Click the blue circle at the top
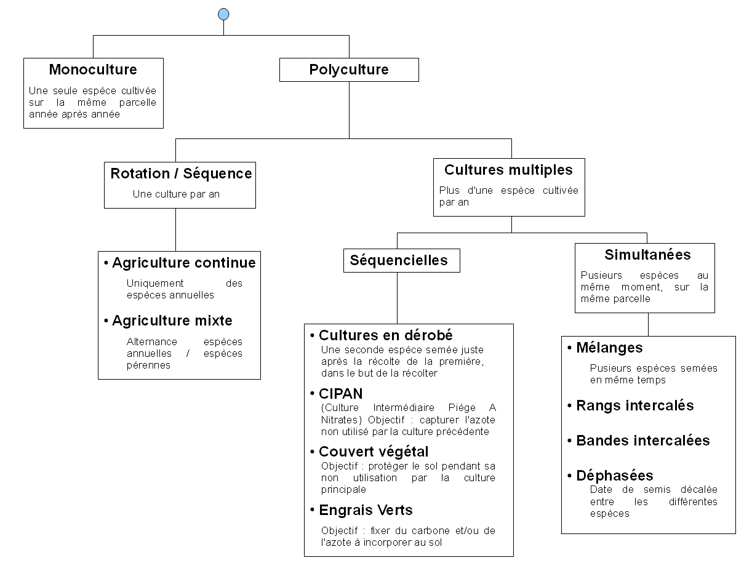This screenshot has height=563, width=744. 223,14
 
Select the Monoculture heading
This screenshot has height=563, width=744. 93,70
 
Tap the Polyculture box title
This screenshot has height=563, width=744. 348,70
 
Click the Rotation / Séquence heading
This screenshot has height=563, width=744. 181,174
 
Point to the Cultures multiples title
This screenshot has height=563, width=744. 508,170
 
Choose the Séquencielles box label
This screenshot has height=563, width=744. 399,260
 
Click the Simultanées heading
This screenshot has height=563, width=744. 647,255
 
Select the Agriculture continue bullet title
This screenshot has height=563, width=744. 183,263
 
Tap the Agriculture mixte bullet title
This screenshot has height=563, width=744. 172,321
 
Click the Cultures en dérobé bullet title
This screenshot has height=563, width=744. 385,335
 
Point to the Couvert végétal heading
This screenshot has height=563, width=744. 374,452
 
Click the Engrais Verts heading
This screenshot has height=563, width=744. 366,510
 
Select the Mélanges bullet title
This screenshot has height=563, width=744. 609,348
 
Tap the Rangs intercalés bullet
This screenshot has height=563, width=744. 634,405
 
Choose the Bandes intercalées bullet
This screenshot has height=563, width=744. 642,441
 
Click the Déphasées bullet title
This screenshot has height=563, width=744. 614,476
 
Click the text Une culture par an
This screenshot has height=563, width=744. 176,194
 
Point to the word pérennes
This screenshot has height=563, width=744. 148,365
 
